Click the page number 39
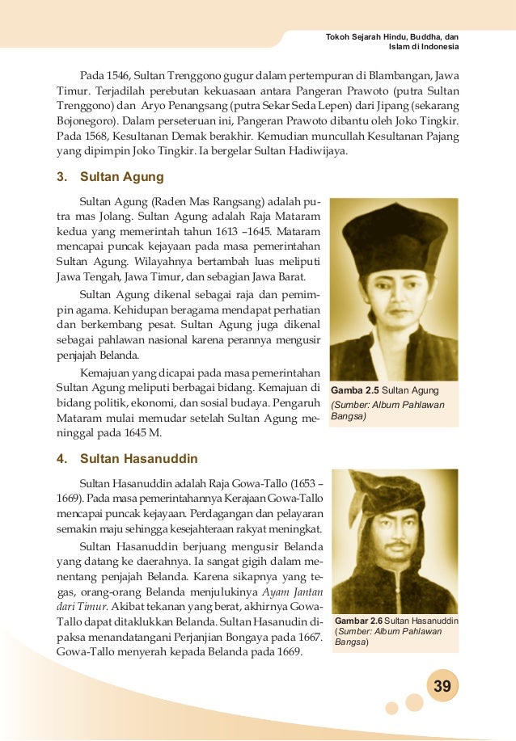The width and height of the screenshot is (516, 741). pyautogui.click(x=442, y=687)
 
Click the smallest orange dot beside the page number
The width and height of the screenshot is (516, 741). pyautogui.click(x=391, y=709)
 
